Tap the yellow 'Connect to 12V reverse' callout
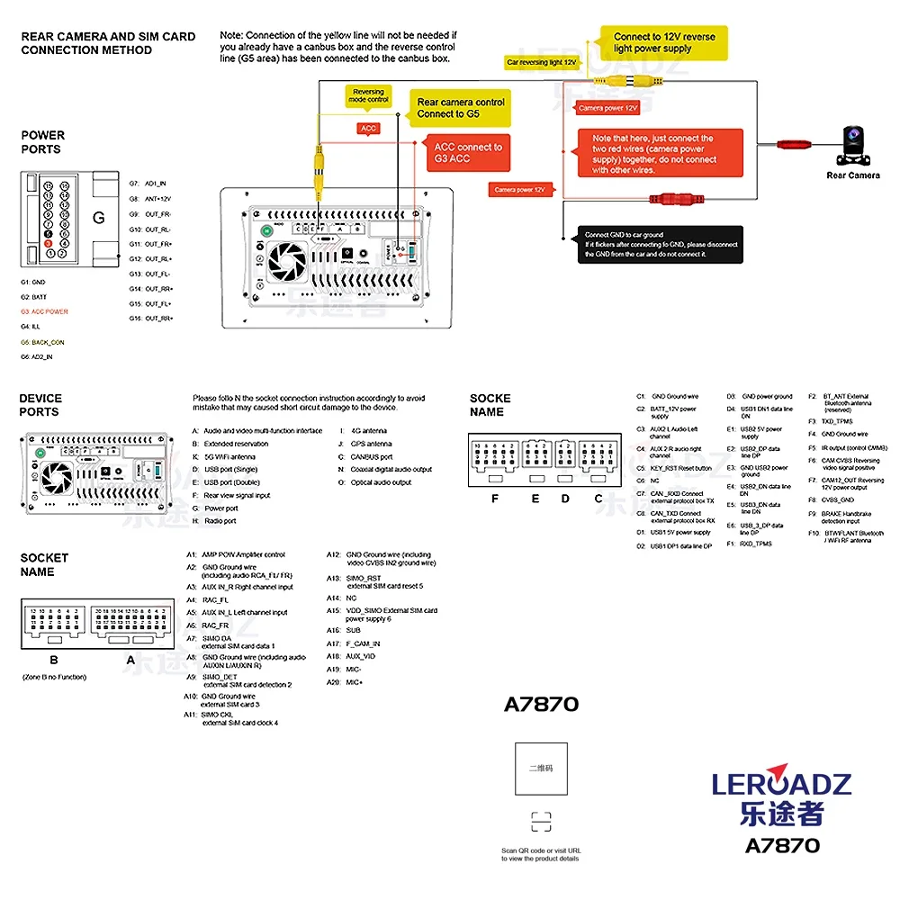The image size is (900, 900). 664,42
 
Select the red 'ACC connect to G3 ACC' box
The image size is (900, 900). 467,153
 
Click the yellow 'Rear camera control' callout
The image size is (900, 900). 460,108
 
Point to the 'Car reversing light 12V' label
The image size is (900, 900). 540,62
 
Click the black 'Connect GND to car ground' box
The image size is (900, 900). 661,244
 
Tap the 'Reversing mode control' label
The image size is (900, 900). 368,95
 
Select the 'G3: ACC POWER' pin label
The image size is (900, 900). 44,311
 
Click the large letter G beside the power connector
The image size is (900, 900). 99,218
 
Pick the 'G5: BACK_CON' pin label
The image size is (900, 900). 43,342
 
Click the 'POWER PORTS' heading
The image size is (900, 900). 42,142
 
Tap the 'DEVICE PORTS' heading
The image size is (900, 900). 40,405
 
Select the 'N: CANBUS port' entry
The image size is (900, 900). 366,456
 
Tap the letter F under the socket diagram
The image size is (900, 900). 494,499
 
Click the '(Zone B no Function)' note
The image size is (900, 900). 54,677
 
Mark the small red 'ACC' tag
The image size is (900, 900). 368,129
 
